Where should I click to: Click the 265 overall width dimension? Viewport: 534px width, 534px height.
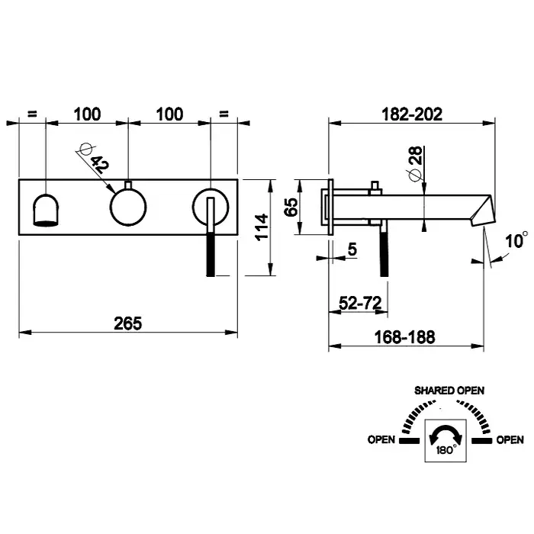tap(129, 323)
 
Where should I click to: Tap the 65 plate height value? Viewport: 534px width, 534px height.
tap(291, 207)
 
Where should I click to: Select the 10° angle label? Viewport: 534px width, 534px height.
tap(515, 241)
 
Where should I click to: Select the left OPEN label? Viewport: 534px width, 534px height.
tap(381, 439)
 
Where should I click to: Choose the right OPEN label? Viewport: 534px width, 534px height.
tap(510, 439)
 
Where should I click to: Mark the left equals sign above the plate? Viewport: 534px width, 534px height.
tap(32, 114)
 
